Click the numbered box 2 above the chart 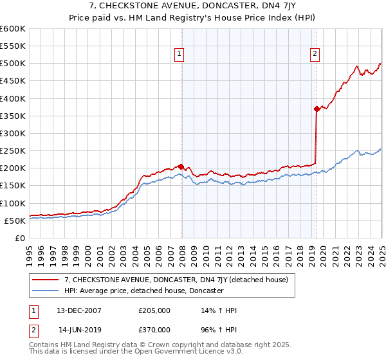pos(315,55)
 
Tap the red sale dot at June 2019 pos(317,109)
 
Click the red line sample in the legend pos(46,280)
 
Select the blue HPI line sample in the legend pos(46,291)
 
